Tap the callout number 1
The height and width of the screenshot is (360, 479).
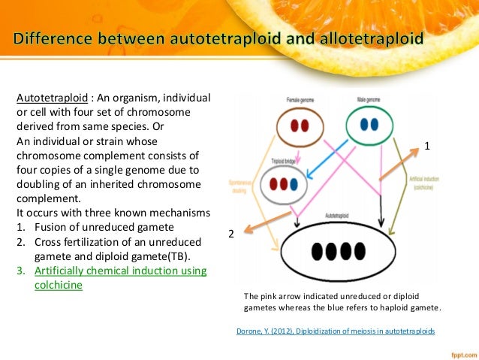[426, 147]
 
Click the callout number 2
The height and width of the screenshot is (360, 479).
[231, 234]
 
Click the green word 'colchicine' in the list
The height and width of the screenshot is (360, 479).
[59, 285]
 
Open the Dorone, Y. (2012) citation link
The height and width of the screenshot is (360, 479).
[335, 331]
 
